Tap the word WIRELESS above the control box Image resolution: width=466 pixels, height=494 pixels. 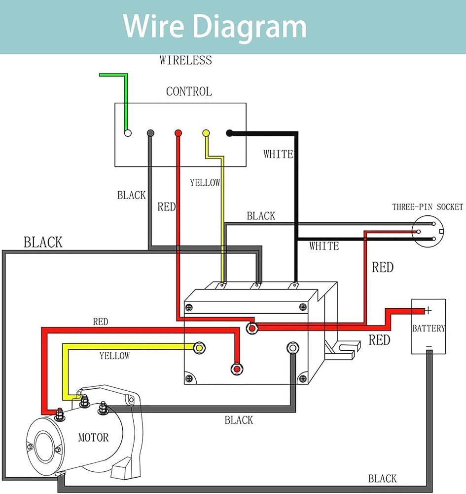click(x=185, y=60)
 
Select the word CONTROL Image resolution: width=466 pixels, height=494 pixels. click(x=189, y=91)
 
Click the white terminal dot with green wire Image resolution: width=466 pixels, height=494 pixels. click(x=128, y=133)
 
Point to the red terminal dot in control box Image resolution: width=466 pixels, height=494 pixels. click(x=178, y=133)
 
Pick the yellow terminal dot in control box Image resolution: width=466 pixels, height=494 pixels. click(x=206, y=133)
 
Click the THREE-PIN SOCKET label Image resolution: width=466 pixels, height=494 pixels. click(x=428, y=207)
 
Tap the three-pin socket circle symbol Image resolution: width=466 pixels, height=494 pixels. click(x=428, y=231)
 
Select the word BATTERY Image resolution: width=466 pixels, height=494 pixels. click(x=429, y=329)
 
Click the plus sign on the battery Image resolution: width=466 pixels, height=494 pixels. click(x=428, y=310)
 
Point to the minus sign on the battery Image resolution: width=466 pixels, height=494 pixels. click(x=429, y=346)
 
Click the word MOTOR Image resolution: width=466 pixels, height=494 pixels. click(x=93, y=437)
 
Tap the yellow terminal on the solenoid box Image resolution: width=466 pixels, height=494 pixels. click(x=199, y=348)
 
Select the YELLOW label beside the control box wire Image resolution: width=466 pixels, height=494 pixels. click(x=205, y=183)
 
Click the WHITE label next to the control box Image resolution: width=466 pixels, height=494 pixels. click(x=278, y=154)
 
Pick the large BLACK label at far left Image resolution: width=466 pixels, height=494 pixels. click(x=43, y=243)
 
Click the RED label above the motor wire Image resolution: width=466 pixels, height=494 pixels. click(x=101, y=322)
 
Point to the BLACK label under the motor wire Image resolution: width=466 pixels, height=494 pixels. click(x=239, y=420)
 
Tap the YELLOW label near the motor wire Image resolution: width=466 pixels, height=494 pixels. click(x=114, y=356)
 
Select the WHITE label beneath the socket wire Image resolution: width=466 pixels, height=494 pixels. click(x=324, y=246)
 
